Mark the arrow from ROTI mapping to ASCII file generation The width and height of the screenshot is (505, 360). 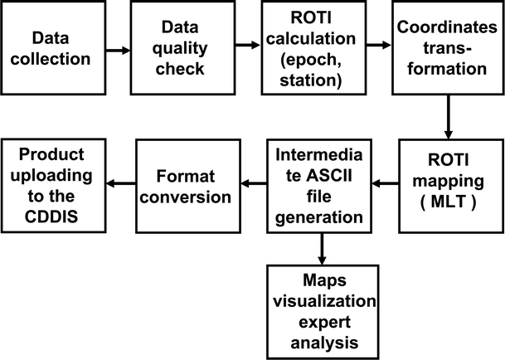[384, 183]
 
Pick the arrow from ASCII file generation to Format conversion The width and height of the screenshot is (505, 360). [252, 183]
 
